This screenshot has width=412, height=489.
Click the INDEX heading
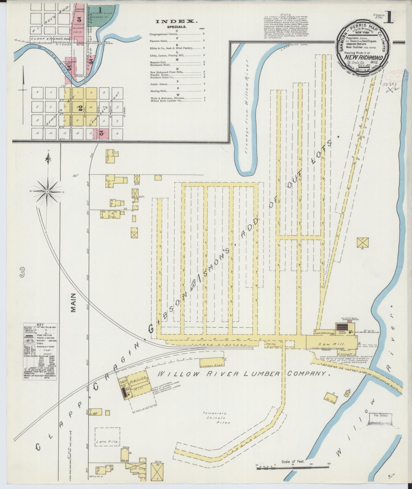pyautogui.click(x=177, y=22)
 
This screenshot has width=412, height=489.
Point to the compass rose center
pyautogui.click(x=47, y=191)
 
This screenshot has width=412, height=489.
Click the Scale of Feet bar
pyautogui.click(x=292, y=468)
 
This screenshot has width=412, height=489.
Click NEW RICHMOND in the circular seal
pyautogui.click(x=363, y=58)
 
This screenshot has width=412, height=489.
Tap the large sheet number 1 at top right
pyautogui.click(x=388, y=19)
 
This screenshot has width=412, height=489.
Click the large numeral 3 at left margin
pyautogui.click(x=22, y=273)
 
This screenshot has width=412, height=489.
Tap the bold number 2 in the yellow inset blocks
pyautogui.click(x=80, y=108)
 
